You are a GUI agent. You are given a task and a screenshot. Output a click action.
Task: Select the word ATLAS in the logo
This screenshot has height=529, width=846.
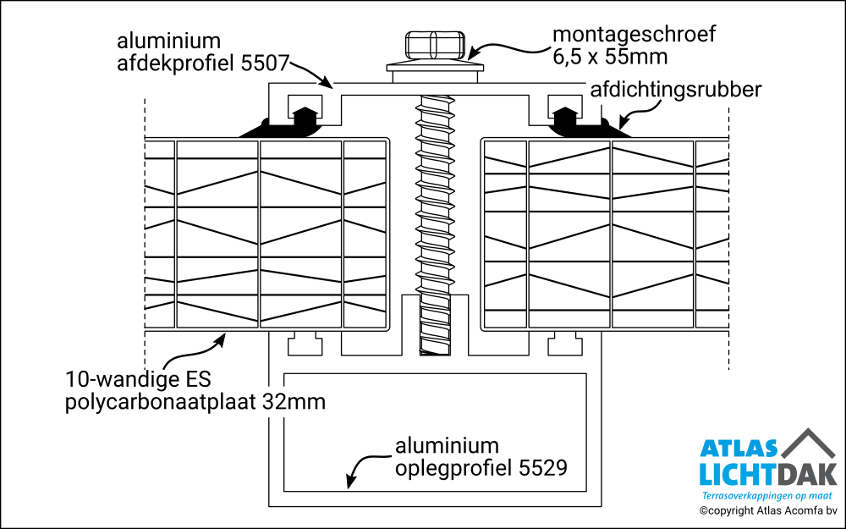738,449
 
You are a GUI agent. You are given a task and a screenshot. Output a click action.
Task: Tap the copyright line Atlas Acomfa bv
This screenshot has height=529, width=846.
768,510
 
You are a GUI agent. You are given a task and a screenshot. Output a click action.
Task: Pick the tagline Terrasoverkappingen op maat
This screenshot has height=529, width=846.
768,495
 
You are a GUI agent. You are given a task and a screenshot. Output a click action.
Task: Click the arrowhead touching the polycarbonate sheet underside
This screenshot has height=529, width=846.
222,338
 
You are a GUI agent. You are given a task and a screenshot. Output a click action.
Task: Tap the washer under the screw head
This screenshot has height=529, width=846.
434,65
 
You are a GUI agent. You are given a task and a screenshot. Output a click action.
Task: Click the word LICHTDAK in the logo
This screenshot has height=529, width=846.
768,474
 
